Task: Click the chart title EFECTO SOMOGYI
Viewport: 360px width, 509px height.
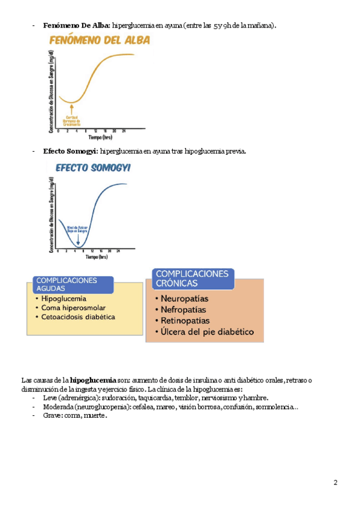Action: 93,168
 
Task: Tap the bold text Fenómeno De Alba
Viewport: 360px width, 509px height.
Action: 76,26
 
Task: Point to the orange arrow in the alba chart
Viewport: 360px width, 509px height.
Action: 71,109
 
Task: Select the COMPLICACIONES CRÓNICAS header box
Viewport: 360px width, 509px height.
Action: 191,278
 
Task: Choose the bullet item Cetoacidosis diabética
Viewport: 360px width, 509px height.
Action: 79,317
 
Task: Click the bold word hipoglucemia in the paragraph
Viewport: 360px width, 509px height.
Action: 93,380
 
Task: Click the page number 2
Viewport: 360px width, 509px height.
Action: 336,483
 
